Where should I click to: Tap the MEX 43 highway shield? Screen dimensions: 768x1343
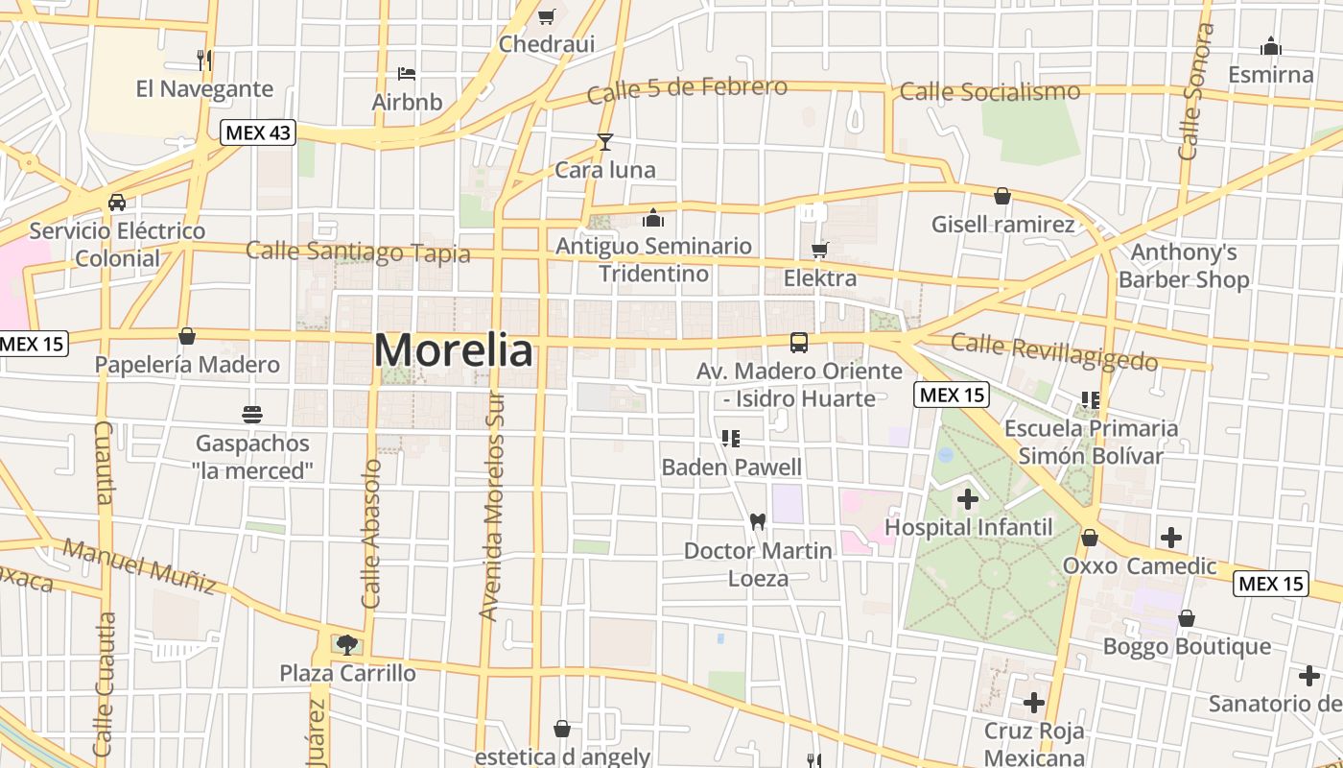tap(258, 132)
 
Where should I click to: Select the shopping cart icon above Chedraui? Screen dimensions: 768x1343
tap(547, 16)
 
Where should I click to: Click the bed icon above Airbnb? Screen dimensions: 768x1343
tap(407, 73)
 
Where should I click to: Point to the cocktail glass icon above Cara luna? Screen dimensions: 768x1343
tap(605, 142)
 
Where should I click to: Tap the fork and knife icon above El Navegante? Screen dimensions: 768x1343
tap(203, 60)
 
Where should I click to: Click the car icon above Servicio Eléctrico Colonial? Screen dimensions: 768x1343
tap(116, 203)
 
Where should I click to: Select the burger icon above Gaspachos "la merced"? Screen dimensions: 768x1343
tap(252, 415)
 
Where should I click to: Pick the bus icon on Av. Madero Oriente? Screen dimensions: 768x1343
tap(798, 342)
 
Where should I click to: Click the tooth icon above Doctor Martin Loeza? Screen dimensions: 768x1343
tap(757, 521)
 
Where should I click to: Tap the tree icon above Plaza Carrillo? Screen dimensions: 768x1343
tap(346, 644)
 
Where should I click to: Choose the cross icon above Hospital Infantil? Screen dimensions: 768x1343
tap(967, 498)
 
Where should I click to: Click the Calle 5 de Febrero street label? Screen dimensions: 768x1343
tap(687, 90)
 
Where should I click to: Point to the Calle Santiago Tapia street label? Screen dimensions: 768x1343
tap(358, 252)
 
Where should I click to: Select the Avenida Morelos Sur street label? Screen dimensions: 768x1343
tap(492, 507)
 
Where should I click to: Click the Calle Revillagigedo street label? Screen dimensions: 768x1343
tap(1054, 351)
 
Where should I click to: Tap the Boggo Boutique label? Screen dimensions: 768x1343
tap(1187, 646)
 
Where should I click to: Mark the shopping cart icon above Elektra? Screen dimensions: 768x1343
tap(819, 251)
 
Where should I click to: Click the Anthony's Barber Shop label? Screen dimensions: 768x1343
tap(1184, 266)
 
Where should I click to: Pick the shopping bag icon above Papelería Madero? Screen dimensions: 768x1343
tap(187, 336)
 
